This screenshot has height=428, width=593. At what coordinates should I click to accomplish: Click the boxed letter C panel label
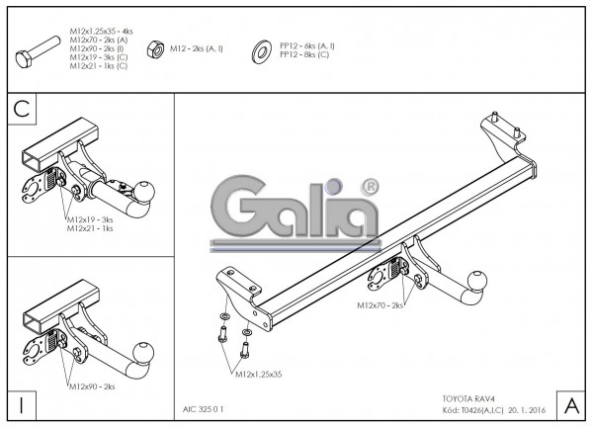22,109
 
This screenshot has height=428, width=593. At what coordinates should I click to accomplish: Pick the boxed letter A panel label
570,405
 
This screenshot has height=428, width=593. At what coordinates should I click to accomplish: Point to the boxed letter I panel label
22,405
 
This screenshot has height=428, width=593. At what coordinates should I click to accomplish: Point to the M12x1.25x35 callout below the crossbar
258,375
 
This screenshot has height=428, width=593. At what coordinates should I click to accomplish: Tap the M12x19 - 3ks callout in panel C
90,219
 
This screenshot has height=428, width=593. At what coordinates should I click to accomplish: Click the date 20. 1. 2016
529,407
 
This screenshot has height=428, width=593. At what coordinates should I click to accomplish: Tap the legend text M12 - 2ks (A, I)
197,46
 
